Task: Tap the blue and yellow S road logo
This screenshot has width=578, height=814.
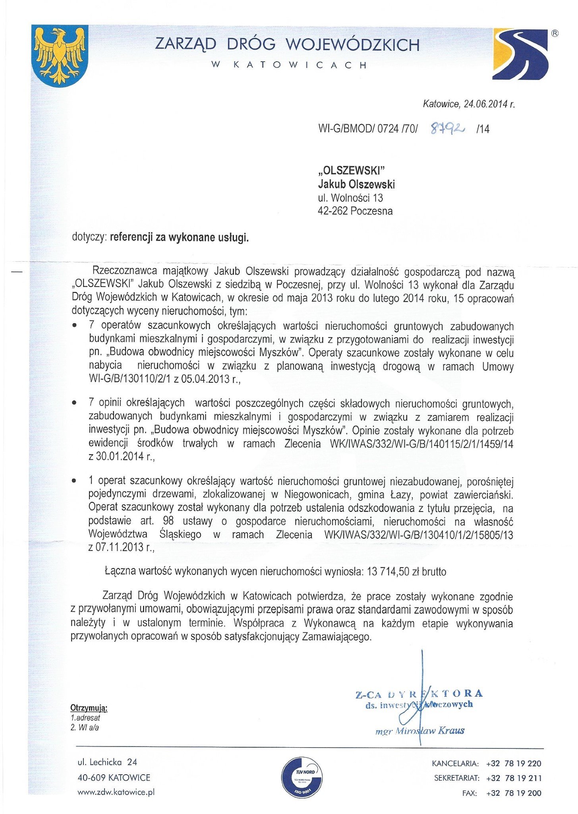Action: click(520, 54)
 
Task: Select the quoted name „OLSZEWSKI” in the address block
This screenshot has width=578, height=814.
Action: click(352, 171)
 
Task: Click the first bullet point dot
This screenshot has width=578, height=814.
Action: click(74, 326)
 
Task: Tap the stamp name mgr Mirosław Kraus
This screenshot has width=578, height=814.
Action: click(419, 731)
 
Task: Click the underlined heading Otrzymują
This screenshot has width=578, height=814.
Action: click(89, 708)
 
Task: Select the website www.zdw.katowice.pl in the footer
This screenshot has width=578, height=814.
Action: click(116, 792)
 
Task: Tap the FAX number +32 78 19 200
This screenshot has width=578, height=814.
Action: click(513, 793)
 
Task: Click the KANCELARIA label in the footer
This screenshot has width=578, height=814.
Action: click(455, 764)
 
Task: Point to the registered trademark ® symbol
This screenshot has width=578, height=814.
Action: click(555, 34)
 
